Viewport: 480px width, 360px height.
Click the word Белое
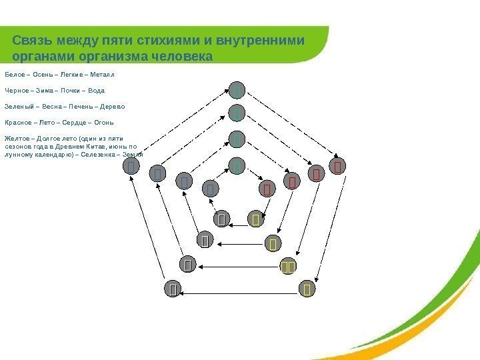(14, 75)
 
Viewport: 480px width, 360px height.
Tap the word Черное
(17, 91)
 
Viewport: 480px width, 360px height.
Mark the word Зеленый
(18, 107)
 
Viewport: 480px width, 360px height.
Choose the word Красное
(18, 123)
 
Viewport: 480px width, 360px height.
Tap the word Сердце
(73, 123)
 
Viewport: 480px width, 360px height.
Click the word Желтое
(17, 138)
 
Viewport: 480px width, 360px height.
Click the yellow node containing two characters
(288, 267)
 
